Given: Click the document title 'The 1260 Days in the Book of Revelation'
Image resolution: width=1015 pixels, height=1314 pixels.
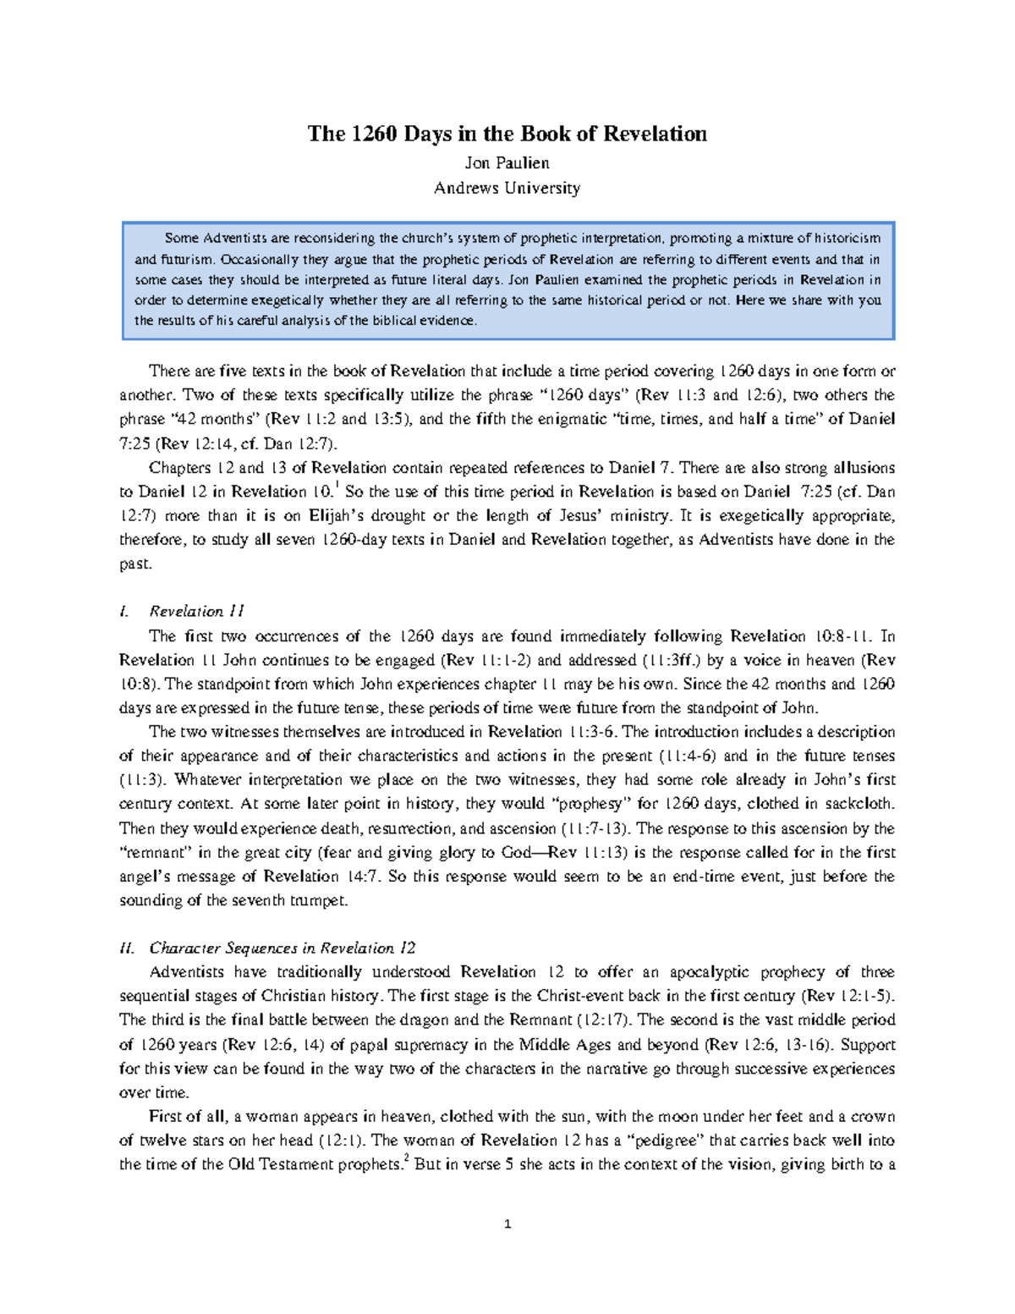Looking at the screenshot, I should coord(507,134).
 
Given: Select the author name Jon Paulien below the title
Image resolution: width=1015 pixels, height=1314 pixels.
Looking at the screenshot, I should coord(507,162).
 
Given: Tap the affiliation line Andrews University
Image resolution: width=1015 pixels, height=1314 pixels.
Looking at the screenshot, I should coord(507,188).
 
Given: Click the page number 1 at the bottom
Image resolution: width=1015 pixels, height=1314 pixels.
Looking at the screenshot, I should coord(507,1223).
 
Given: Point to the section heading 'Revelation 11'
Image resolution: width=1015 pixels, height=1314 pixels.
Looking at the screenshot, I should coord(196,611).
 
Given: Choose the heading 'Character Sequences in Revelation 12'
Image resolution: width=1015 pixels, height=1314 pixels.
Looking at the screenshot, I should coord(283,948).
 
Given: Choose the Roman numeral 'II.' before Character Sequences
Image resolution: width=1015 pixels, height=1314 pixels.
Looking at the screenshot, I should coord(128,948).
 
